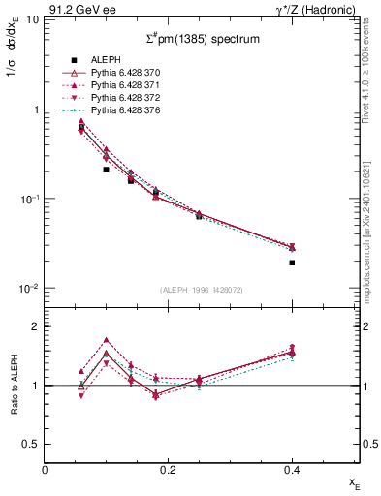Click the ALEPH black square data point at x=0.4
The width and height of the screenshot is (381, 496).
292,263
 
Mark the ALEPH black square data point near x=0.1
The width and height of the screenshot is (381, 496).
107,170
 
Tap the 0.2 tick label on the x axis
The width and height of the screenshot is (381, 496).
169,469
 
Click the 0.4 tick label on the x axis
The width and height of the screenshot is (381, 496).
292,469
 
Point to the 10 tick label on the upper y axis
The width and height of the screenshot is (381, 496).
33,20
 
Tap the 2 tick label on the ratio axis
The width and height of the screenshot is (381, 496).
37,327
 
